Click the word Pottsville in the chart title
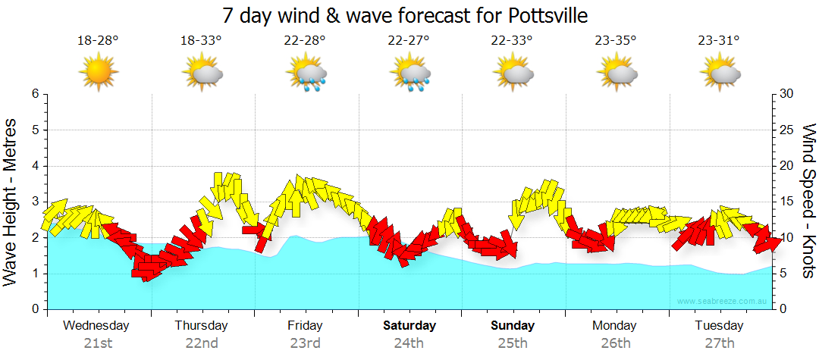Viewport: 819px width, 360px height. click(540, 15)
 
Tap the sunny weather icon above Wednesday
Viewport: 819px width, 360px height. click(98, 73)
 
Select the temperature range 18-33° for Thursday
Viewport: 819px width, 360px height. click(201, 40)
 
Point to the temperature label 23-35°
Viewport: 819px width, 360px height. click(616, 40)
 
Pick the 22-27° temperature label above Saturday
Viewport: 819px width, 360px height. click(408, 40)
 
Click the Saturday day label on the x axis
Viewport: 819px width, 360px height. click(409, 326)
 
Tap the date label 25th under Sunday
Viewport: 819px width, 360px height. click(513, 343)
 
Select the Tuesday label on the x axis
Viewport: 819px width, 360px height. click(719, 326)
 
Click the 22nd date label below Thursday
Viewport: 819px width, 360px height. click(202, 343)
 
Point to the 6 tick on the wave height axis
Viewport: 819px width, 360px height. click(34, 94)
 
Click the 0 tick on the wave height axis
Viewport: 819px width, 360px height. click(34, 309)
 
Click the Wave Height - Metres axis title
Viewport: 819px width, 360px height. click(11, 202)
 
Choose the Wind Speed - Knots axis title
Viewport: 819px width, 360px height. click(808, 202)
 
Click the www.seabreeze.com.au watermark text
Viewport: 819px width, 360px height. click(723, 301)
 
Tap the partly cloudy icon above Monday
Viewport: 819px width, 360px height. click(617, 74)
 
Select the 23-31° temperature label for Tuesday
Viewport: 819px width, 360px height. click(720, 40)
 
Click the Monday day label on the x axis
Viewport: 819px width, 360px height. click(615, 326)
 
